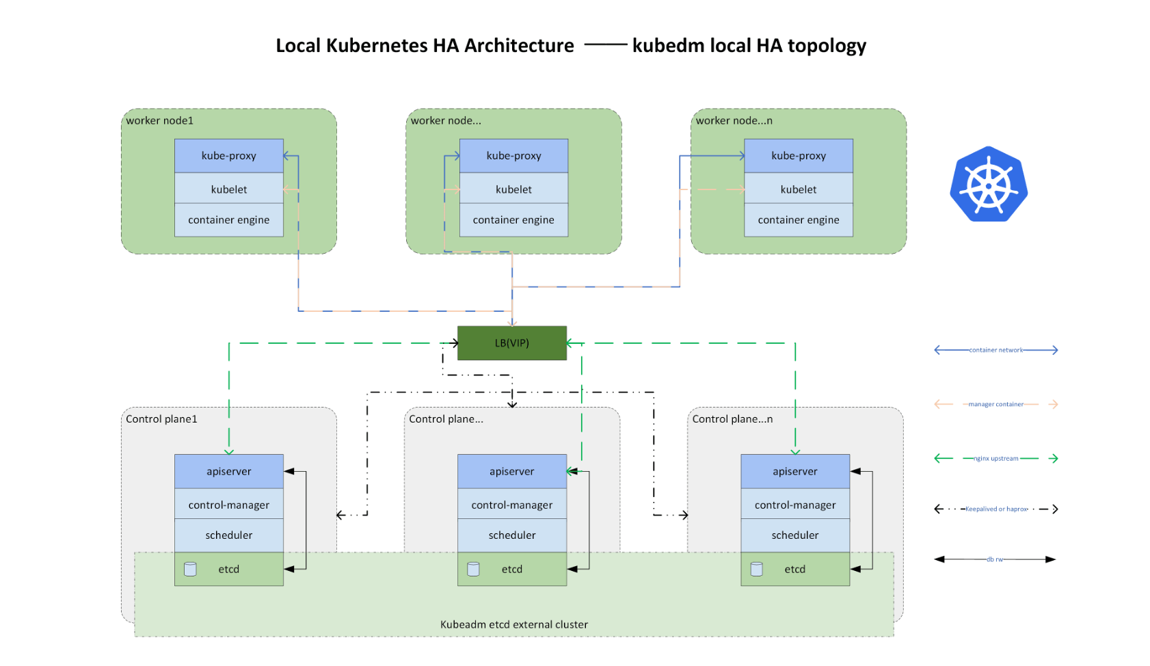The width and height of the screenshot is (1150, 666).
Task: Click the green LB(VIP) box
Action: [x=511, y=343]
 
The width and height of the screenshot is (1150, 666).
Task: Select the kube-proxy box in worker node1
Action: [x=228, y=156]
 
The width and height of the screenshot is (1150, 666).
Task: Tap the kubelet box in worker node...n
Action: [x=798, y=189]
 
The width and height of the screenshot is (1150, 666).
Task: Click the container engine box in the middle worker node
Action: [x=513, y=219]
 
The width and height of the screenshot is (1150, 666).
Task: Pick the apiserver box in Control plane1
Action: [x=228, y=471]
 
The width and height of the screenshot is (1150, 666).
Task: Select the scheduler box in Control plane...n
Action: [x=794, y=535]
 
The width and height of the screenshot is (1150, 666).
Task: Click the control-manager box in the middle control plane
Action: [x=511, y=505]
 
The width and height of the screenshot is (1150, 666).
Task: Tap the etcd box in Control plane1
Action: [x=228, y=569]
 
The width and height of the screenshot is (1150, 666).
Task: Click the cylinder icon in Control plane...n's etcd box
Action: [x=756, y=569]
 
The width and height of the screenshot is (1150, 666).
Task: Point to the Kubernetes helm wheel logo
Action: [x=989, y=184]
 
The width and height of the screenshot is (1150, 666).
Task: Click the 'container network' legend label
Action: [x=995, y=350]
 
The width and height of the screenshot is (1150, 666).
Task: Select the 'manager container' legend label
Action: [x=995, y=404]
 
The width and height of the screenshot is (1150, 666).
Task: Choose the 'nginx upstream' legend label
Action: [x=995, y=458]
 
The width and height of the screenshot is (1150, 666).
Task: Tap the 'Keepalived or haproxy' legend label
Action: [x=995, y=509]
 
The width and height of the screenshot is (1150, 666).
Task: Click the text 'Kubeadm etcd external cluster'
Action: [x=513, y=624]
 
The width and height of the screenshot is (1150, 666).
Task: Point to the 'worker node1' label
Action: [x=159, y=120]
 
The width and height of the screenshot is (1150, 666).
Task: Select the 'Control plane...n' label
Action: [x=732, y=418]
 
